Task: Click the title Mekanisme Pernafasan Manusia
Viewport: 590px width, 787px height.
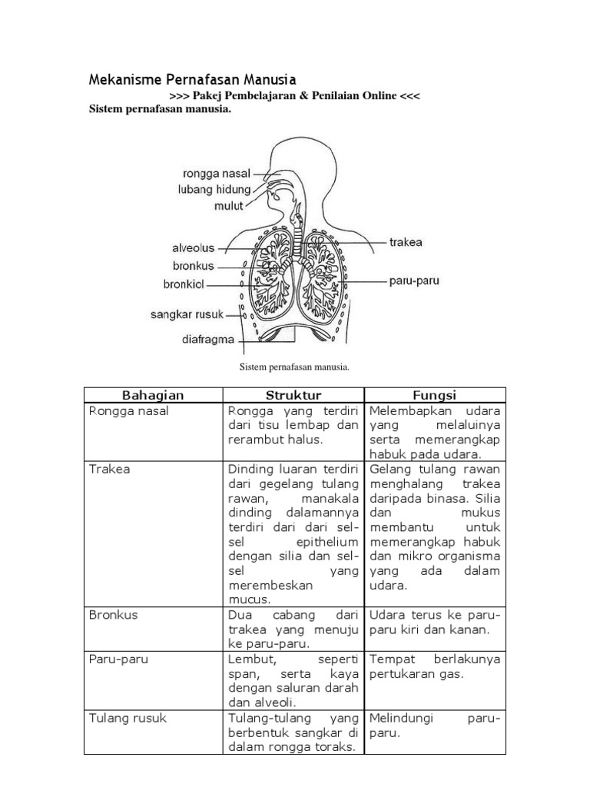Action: click(x=192, y=79)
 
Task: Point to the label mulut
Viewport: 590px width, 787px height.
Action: click(x=228, y=205)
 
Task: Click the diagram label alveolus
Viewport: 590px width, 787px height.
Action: click(x=193, y=249)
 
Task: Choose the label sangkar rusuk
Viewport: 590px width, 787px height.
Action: click(x=187, y=314)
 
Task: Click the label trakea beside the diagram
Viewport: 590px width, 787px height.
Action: click(x=406, y=243)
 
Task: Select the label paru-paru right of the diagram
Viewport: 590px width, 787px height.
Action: click(x=413, y=281)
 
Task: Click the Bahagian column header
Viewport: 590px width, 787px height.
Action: click(x=153, y=395)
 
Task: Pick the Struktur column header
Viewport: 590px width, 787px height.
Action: click(x=293, y=395)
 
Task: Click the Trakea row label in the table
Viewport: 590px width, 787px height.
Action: click(x=110, y=469)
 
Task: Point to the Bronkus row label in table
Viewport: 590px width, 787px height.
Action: click(x=114, y=615)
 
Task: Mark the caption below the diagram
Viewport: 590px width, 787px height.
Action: click(x=295, y=367)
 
